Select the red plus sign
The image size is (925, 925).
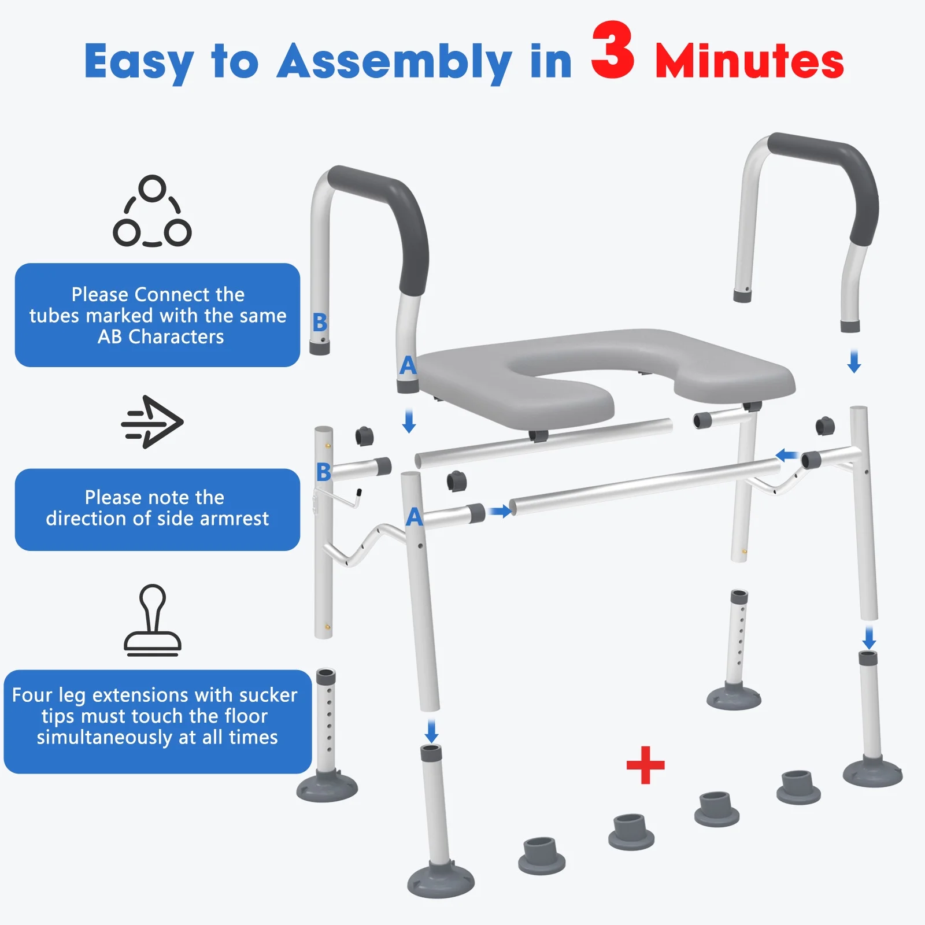click(x=645, y=765)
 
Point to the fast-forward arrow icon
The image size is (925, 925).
click(x=152, y=422)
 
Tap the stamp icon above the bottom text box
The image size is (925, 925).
click(x=153, y=620)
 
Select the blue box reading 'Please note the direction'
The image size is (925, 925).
click(x=157, y=509)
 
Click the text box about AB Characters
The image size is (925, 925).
click(x=157, y=315)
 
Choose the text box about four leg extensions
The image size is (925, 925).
click(x=157, y=721)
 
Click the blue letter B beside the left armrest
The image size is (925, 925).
click(x=320, y=322)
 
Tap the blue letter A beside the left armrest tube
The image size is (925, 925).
click(x=408, y=365)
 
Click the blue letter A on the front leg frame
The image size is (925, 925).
click(x=414, y=516)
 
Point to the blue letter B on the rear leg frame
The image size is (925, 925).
click(x=324, y=472)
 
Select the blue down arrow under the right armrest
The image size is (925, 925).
click(x=854, y=361)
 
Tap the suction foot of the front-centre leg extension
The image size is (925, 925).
click(x=441, y=880)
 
